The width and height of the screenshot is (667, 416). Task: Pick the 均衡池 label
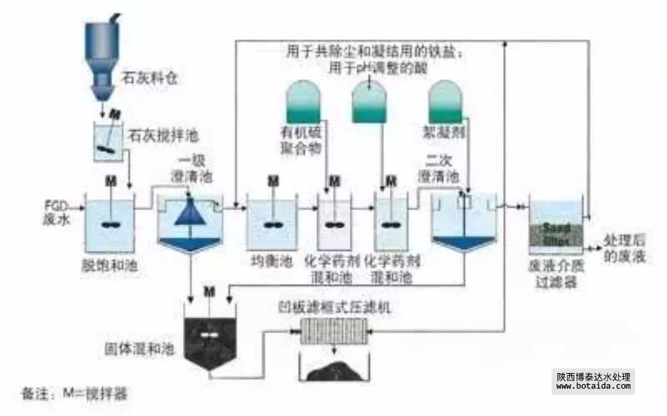271,261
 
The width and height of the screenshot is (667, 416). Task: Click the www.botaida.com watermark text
593,386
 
